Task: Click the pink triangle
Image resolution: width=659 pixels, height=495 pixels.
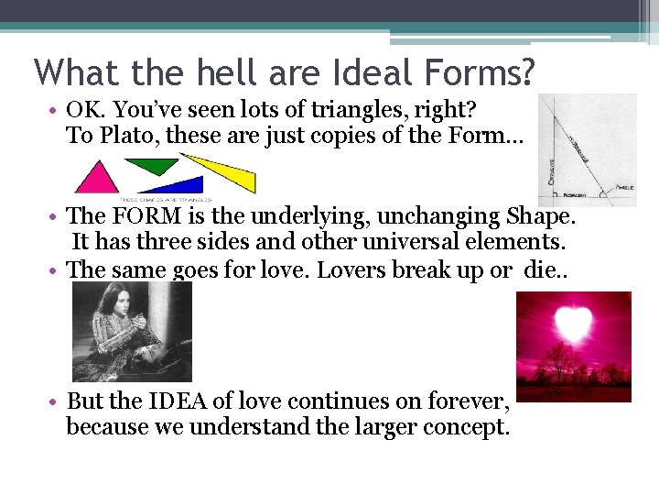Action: pyautogui.click(x=97, y=180)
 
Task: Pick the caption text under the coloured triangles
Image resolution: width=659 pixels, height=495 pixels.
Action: pyautogui.click(x=166, y=198)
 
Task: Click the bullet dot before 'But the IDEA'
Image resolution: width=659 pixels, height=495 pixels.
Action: pyautogui.click(x=56, y=401)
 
